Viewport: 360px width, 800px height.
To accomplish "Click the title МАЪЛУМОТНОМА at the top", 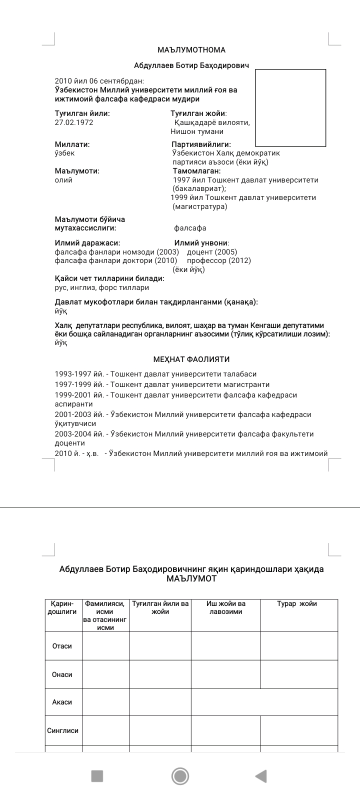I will point(191,50).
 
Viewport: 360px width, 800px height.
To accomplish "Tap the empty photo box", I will point(290,107).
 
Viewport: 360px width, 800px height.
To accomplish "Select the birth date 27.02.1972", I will point(74,122).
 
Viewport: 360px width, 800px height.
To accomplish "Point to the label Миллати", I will point(72,144).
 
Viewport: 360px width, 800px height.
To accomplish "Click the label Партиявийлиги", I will point(201,144).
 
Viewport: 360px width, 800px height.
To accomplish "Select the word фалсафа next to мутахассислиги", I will point(190,228).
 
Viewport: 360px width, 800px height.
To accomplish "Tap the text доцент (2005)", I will point(212,252).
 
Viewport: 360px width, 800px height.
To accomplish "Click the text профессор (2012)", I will point(219,260).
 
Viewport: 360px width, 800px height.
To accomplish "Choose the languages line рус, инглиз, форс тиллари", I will point(102,288).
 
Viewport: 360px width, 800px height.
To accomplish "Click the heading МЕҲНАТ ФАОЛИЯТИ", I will point(191,359).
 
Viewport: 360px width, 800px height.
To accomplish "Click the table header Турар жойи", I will point(297,604).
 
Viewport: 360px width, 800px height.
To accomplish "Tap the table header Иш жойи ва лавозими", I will point(226,607).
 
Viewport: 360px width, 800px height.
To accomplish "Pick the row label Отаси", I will point(62,646).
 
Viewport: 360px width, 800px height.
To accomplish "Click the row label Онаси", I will point(62,674).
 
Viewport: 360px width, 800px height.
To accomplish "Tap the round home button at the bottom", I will point(180,776).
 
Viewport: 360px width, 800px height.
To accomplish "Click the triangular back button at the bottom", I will point(261,776).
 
